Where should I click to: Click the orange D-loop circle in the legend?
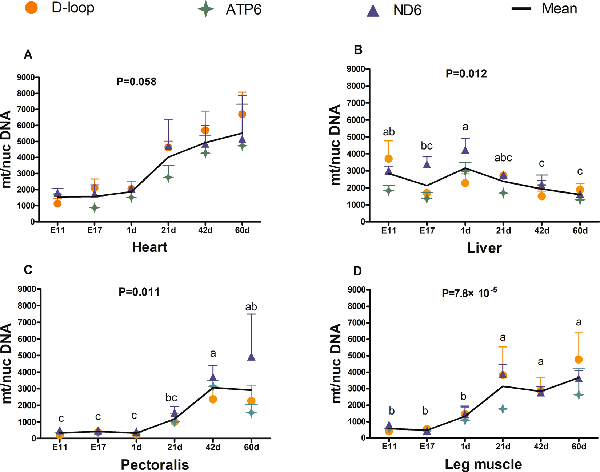pyautogui.click(x=32, y=8)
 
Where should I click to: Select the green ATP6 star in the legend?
pyautogui.click(x=206, y=9)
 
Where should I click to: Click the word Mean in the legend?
pyautogui.click(x=559, y=9)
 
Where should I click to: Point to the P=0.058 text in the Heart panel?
pyautogui.click(x=136, y=82)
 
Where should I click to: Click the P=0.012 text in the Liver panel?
pyautogui.click(x=466, y=74)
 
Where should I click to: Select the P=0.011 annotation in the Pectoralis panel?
pyautogui.click(x=139, y=292)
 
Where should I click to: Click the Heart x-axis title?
pyautogui.click(x=149, y=247)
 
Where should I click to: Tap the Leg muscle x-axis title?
pyautogui.click(x=483, y=464)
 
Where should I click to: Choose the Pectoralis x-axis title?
pyautogui.click(x=155, y=464)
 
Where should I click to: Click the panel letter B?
pyautogui.click(x=358, y=50)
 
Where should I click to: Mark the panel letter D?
pyautogui.click(x=358, y=271)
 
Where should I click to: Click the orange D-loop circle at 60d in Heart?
pyautogui.click(x=242, y=114)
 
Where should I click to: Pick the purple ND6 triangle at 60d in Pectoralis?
pyautogui.click(x=251, y=357)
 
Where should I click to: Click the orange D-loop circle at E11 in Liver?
pyautogui.click(x=389, y=159)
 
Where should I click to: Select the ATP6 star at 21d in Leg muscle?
pyautogui.click(x=503, y=409)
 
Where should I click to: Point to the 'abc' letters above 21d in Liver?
pyautogui.click(x=503, y=158)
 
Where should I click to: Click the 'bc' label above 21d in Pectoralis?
pyautogui.click(x=171, y=398)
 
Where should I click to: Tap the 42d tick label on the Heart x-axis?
pyautogui.click(x=205, y=230)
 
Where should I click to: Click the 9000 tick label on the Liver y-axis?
pyautogui.click(x=356, y=69)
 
